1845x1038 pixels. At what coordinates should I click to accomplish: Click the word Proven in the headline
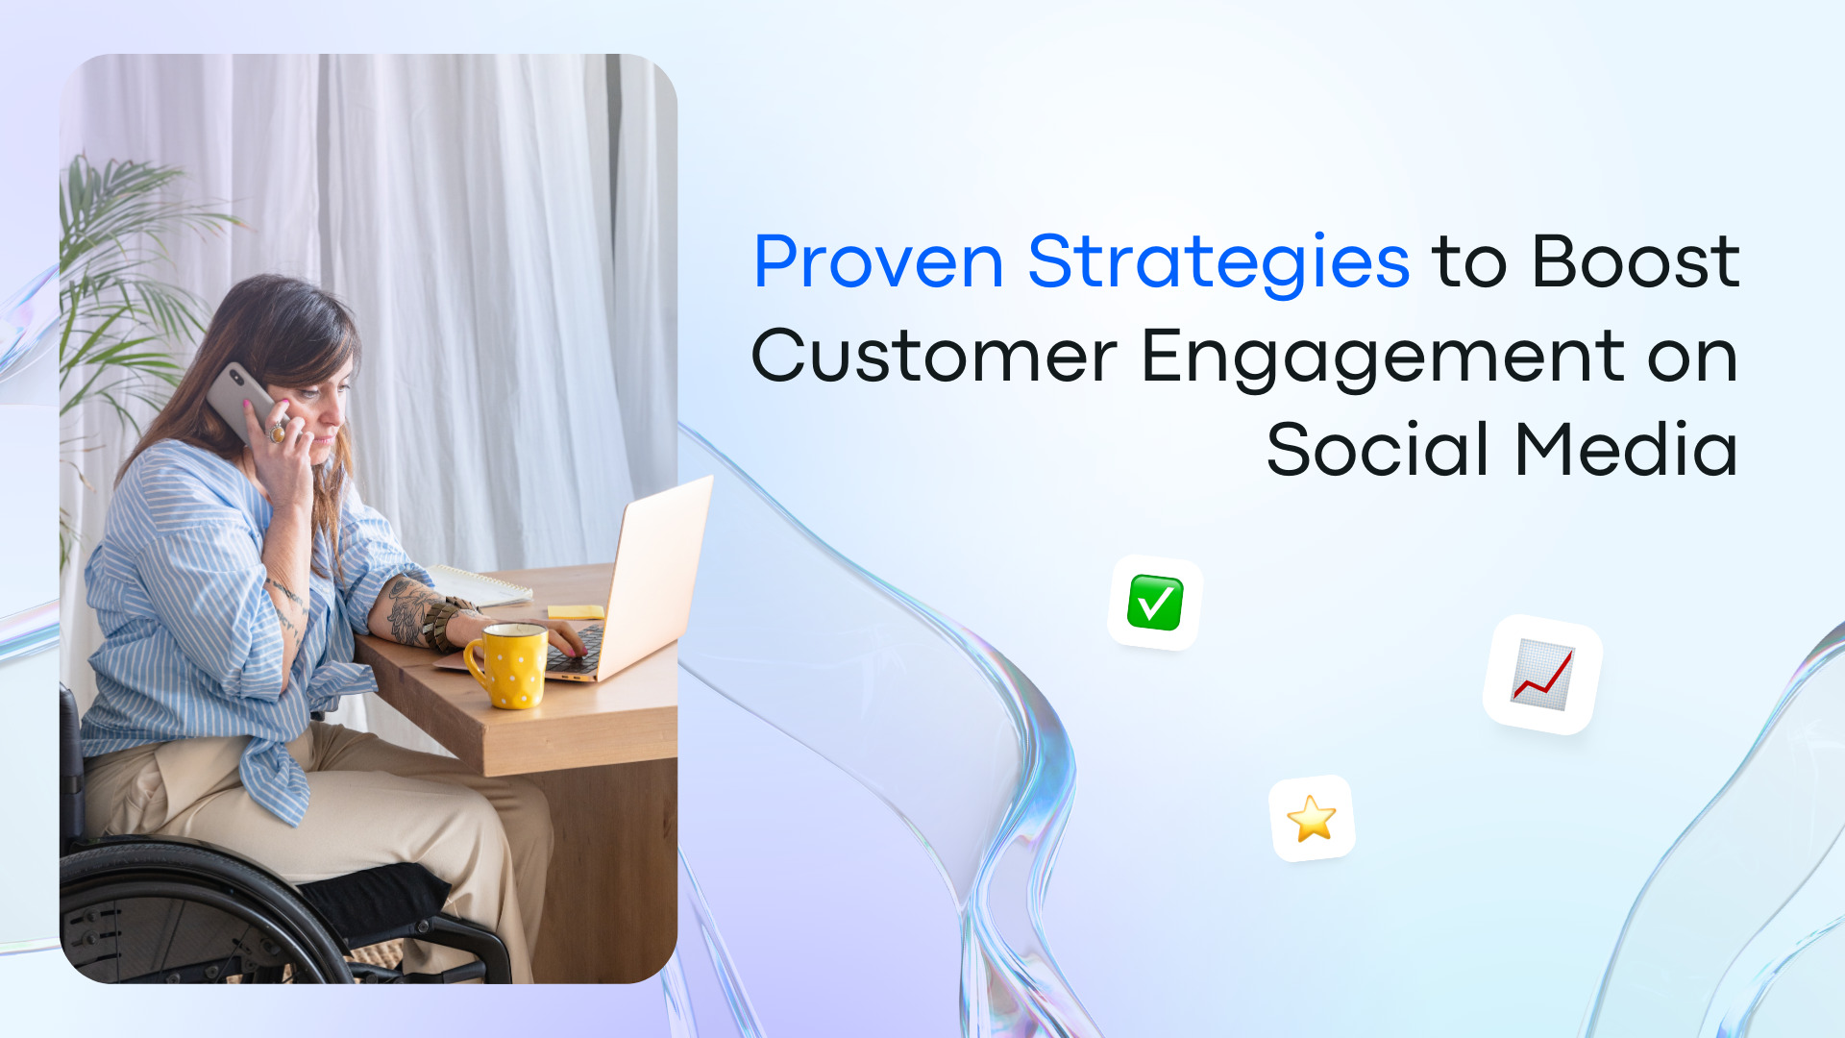coord(878,261)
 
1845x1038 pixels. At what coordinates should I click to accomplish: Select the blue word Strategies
coord(1218,261)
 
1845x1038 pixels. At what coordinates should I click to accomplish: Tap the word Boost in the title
coord(1636,261)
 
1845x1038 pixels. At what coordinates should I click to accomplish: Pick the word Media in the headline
coord(1626,450)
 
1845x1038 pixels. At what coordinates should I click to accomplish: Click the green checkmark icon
coord(1154,603)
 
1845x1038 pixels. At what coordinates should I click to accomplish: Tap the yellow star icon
coord(1312,819)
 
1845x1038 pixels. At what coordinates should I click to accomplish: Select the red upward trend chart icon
coord(1542,675)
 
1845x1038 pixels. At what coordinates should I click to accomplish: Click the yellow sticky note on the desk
coord(575,611)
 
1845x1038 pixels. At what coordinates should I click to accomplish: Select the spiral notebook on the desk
coord(480,584)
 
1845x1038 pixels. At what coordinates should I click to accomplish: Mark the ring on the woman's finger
coord(277,432)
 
